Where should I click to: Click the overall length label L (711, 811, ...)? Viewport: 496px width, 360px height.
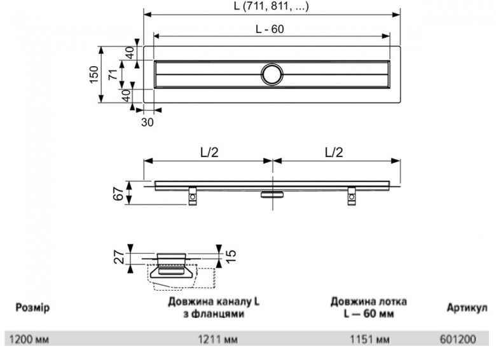tap(272, 6)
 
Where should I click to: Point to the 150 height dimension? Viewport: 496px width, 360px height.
tap(94, 75)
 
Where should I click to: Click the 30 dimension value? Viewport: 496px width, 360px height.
tap(147, 122)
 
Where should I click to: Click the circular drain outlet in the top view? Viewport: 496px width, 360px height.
tap(273, 74)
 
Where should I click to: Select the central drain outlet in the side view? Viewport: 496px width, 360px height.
tap(273, 193)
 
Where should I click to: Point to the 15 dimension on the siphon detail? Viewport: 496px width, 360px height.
tap(231, 256)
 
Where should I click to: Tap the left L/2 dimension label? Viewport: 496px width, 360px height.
tap(208, 153)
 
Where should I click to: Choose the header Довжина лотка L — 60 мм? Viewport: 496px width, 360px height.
tap(369, 307)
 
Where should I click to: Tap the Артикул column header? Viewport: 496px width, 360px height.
tap(467, 308)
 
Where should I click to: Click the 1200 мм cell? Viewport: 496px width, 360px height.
tap(28, 340)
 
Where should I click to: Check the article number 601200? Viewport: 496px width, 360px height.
tap(457, 340)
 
